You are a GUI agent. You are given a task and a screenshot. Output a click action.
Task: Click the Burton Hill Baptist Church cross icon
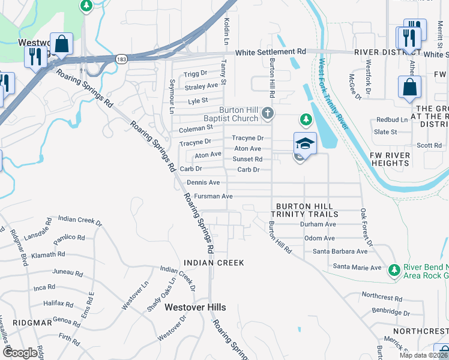[268, 113]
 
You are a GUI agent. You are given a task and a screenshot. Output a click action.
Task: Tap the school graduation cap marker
[305, 144]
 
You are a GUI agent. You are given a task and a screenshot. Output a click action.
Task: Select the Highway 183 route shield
[121, 59]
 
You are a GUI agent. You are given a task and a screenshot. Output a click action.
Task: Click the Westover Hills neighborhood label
[195, 307]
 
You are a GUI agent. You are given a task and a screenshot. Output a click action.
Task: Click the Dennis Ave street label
[203, 182]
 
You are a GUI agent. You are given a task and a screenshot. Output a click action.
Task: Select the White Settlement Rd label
[271, 53]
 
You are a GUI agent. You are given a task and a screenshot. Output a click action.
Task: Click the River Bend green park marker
[394, 270]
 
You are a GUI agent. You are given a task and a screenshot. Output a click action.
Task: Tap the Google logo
[20, 352]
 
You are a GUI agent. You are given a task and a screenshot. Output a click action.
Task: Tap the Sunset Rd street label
[247, 159]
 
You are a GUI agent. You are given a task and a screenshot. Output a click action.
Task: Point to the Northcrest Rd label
[382, 297]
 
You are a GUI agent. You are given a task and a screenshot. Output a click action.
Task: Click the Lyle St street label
[197, 101]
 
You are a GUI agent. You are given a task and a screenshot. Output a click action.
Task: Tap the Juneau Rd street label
[67, 272]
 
